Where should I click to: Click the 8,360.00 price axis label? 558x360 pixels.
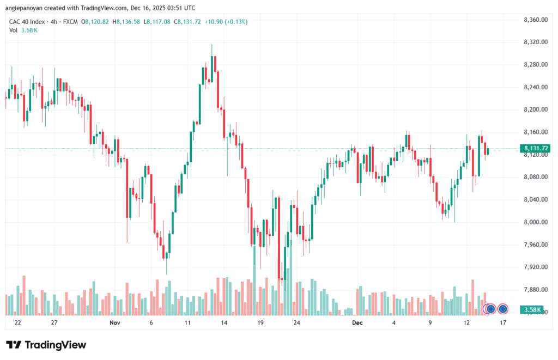535,20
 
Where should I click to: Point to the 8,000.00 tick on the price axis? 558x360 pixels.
535,222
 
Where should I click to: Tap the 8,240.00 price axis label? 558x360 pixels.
535,87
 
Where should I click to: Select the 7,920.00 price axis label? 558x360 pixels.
535,267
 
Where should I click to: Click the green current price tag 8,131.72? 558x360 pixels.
536,148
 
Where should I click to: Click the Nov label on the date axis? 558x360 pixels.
114,322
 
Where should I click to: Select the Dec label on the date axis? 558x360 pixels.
357,322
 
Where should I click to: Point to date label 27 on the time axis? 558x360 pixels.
54,322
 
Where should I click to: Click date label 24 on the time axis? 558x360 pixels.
296,322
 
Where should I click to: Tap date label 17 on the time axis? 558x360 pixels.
503,322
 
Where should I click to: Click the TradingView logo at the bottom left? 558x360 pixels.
46,345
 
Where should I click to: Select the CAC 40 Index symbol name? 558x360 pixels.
26,22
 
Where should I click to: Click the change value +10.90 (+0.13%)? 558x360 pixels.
226,22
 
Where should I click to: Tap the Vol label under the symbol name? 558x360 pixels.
14,30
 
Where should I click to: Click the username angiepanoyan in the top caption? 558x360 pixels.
28,8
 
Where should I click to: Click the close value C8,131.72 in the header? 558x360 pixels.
188,22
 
